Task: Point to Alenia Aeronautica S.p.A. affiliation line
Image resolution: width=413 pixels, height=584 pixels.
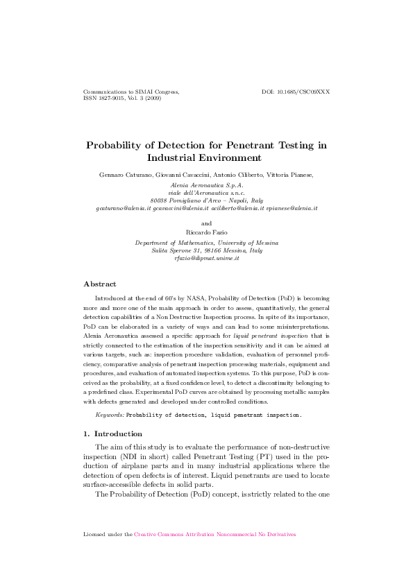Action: pyautogui.click(x=206, y=185)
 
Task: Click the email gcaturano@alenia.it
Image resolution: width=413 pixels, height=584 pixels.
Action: pyautogui.click(x=122, y=208)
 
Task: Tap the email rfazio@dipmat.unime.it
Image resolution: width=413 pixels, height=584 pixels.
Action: pyautogui.click(x=206, y=258)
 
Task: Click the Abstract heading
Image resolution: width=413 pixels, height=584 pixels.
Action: pyautogui.click(x=100, y=284)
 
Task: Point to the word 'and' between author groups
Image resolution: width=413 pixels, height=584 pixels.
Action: pyautogui.click(x=206, y=223)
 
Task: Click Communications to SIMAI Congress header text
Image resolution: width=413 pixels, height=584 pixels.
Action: pyautogui.click(x=130, y=92)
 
